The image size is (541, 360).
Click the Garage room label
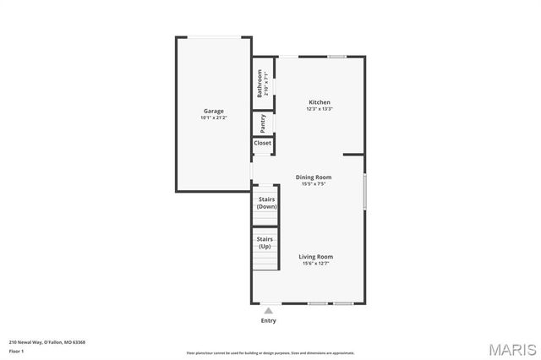coord(212,111)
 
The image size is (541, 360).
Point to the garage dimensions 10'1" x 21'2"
coord(212,117)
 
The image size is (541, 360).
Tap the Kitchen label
coord(319,102)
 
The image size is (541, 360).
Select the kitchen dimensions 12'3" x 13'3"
coord(319,109)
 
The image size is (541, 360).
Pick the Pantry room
coord(263,123)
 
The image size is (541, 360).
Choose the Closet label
coord(263,143)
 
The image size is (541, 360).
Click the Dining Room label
coord(313,177)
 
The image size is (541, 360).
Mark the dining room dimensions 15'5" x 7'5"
coord(313,184)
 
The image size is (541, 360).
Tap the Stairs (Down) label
coord(266,203)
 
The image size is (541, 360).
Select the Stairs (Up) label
coord(265,243)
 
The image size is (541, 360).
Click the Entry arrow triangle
coord(268,310)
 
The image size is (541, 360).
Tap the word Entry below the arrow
coord(268,320)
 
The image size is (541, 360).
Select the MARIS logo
coord(510,349)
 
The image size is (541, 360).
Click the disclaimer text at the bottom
coord(270,353)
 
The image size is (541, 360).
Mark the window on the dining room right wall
coord(364,191)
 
